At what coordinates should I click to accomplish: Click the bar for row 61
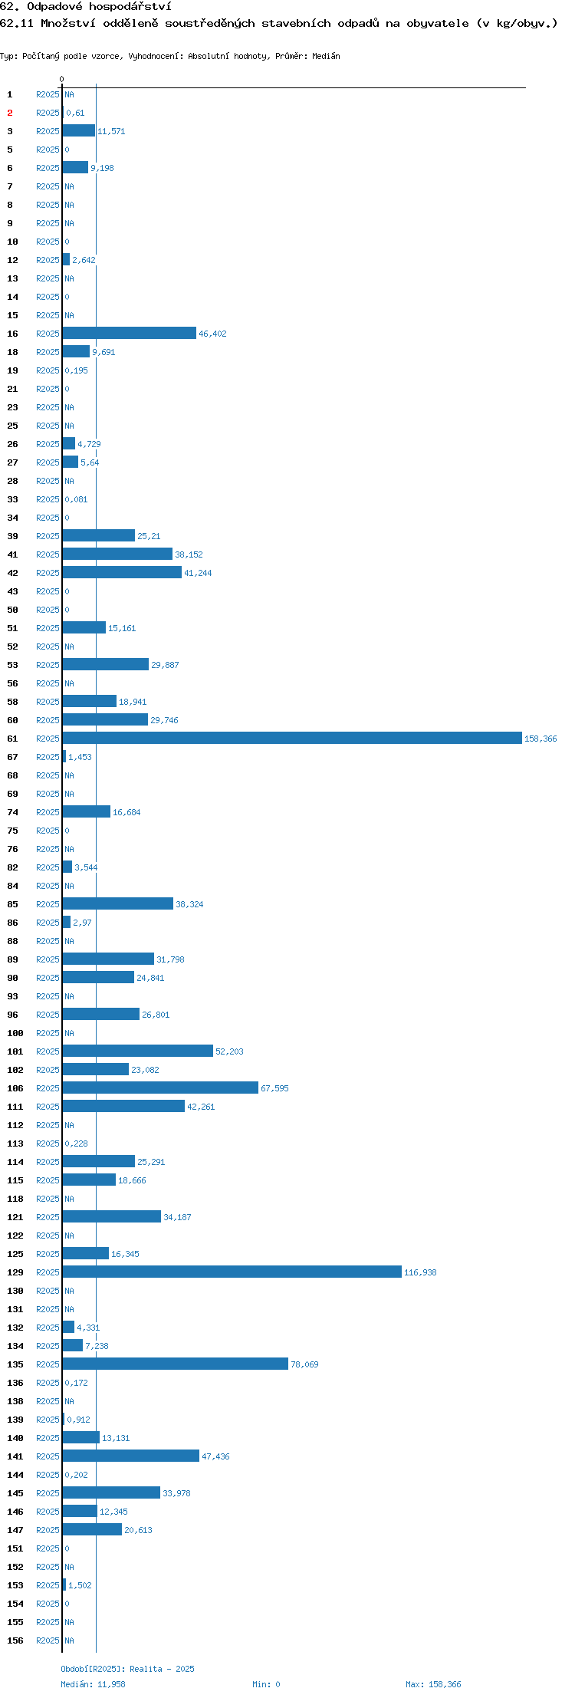pos(292,738)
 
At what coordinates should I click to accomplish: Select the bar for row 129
pos(232,1272)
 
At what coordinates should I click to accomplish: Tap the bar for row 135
pos(176,1364)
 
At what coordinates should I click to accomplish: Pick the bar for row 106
pos(160,1088)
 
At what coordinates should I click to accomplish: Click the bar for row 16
pos(130,333)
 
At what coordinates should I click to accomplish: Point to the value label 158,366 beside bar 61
pos(540,739)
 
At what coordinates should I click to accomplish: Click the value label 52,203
pos(229,1051)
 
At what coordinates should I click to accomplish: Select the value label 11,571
pos(111,131)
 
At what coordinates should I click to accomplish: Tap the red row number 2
pos(10,113)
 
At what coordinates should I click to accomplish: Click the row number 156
pos(15,1640)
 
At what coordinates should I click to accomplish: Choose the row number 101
pos(15,1051)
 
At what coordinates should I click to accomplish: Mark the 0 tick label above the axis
pos(62,79)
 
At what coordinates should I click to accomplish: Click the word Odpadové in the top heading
pos(54,6)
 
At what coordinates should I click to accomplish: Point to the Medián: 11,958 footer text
pos(93,1684)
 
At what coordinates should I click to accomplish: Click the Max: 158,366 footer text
pos(433,1684)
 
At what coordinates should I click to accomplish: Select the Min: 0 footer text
pos(266,1684)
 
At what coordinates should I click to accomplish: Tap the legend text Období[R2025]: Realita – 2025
pos(127,1669)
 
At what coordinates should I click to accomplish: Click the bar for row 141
pos(131,1456)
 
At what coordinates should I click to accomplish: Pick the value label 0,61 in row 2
pos(75,113)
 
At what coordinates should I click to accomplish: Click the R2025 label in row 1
pos(48,94)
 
